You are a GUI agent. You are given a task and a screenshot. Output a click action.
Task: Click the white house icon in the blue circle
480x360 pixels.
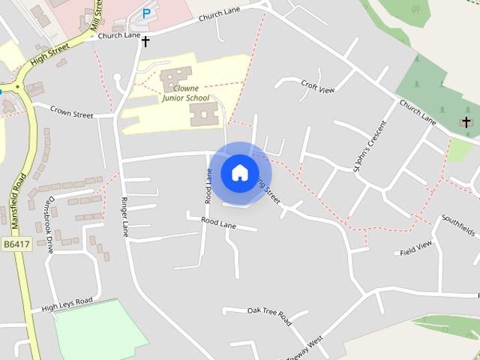[x=239, y=172]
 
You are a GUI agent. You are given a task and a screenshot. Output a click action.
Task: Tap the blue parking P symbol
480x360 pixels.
[x=146, y=13]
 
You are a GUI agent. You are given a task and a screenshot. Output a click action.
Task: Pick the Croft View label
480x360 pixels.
[x=317, y=87]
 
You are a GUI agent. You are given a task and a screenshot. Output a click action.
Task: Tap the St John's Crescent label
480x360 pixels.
[x=368, y=146]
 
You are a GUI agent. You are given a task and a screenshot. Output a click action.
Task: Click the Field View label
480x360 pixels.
[x=416, y=248]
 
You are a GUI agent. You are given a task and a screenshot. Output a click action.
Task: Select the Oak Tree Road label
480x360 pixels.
[x=268, y=315]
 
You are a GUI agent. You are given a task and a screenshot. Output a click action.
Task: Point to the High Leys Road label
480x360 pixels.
[x=67, y=304]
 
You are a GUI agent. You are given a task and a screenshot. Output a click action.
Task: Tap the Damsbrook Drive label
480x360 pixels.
[x=48, y=225]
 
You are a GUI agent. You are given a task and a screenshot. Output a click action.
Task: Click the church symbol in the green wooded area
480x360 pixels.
[x=466, y=121]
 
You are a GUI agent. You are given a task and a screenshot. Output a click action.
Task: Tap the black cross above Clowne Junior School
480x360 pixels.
[x=145, y=41]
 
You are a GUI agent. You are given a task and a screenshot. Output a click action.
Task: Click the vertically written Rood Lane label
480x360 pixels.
[x=208, y=186]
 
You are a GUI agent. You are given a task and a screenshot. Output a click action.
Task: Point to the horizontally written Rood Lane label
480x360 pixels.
[x=218, y=223]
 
